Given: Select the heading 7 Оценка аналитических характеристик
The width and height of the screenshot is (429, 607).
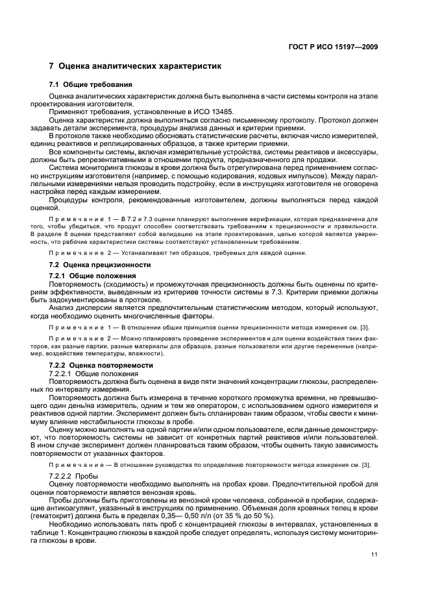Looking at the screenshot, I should pyautogui.click(x=136, y=66).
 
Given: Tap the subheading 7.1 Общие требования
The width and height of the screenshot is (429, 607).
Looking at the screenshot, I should pyautogui.click(x=91, y=85).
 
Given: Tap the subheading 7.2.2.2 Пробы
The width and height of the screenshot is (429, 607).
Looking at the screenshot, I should pyautogui.click(x=74, y=475).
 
